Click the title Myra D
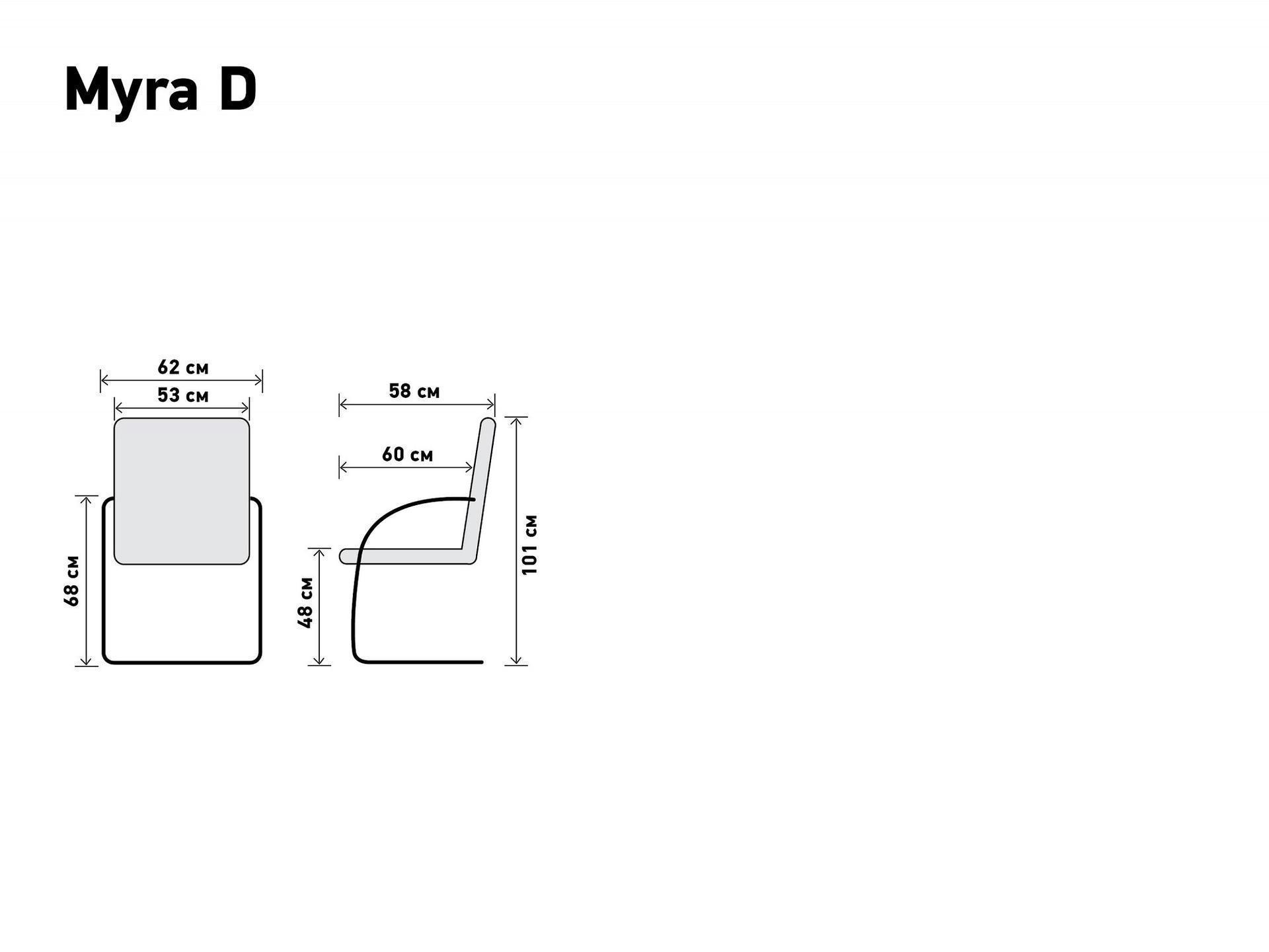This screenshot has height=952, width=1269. (x=161, y=91)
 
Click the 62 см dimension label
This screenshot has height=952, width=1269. (x=183, y=367)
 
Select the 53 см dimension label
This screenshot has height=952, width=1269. (x=183, y=395)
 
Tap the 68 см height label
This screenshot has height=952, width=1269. (x=72, y=580)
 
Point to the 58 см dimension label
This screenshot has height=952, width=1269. (x=414, y=391)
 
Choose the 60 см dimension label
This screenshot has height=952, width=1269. (x=408, y=455)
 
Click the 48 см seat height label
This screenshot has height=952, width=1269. (x=306, y=602)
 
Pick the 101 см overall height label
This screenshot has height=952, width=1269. (x=530, y=545)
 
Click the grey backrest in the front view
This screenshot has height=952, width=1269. (x=182, y=491)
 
